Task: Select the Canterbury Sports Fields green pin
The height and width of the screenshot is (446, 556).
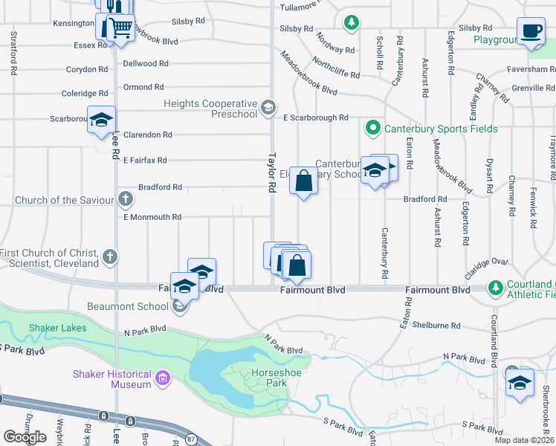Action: pos(373,129)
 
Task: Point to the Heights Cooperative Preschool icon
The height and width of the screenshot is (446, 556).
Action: pos(268,109)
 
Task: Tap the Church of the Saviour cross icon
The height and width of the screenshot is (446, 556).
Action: pos(126,199)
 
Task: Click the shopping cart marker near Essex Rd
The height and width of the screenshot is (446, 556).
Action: pos(120,29)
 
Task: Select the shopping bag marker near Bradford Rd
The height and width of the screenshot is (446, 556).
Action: pos(303,181)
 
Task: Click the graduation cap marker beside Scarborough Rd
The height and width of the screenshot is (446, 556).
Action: pos(101,120)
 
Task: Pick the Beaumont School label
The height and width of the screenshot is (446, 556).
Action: pos(122,306)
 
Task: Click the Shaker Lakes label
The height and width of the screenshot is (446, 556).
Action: pos(57,329)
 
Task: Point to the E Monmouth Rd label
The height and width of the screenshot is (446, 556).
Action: pos(152,217)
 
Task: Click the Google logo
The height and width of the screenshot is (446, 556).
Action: pos(25,437)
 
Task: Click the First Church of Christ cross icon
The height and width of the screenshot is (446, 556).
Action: pos(110,257)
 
